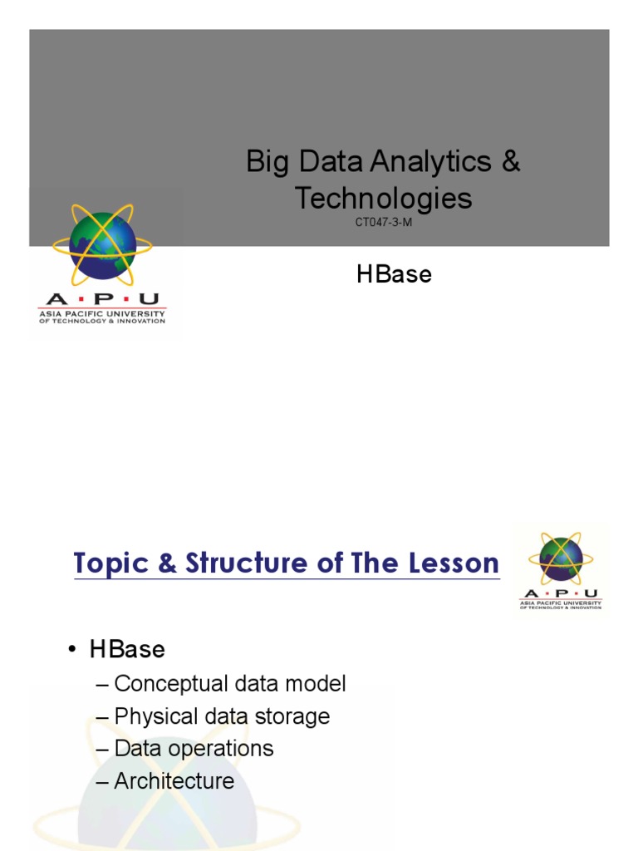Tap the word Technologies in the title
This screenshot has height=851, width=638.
(384, 198)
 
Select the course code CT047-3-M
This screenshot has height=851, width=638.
(383, 222)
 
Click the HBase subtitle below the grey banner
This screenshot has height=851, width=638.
(394, 274)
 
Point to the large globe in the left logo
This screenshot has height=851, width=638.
(102, 245)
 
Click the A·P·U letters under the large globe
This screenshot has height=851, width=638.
(102, 300)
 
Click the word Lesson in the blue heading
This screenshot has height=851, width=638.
(449, 563)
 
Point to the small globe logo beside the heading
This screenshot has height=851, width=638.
(561, 558)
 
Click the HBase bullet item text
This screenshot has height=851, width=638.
(127, 649)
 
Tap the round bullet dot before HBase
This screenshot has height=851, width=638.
(74, 650)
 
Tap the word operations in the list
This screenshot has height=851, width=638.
(222, 748)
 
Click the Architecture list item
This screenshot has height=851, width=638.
(174, 781)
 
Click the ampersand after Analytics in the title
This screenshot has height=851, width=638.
(511, 162)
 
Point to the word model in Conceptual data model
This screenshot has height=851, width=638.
(316, 684)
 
